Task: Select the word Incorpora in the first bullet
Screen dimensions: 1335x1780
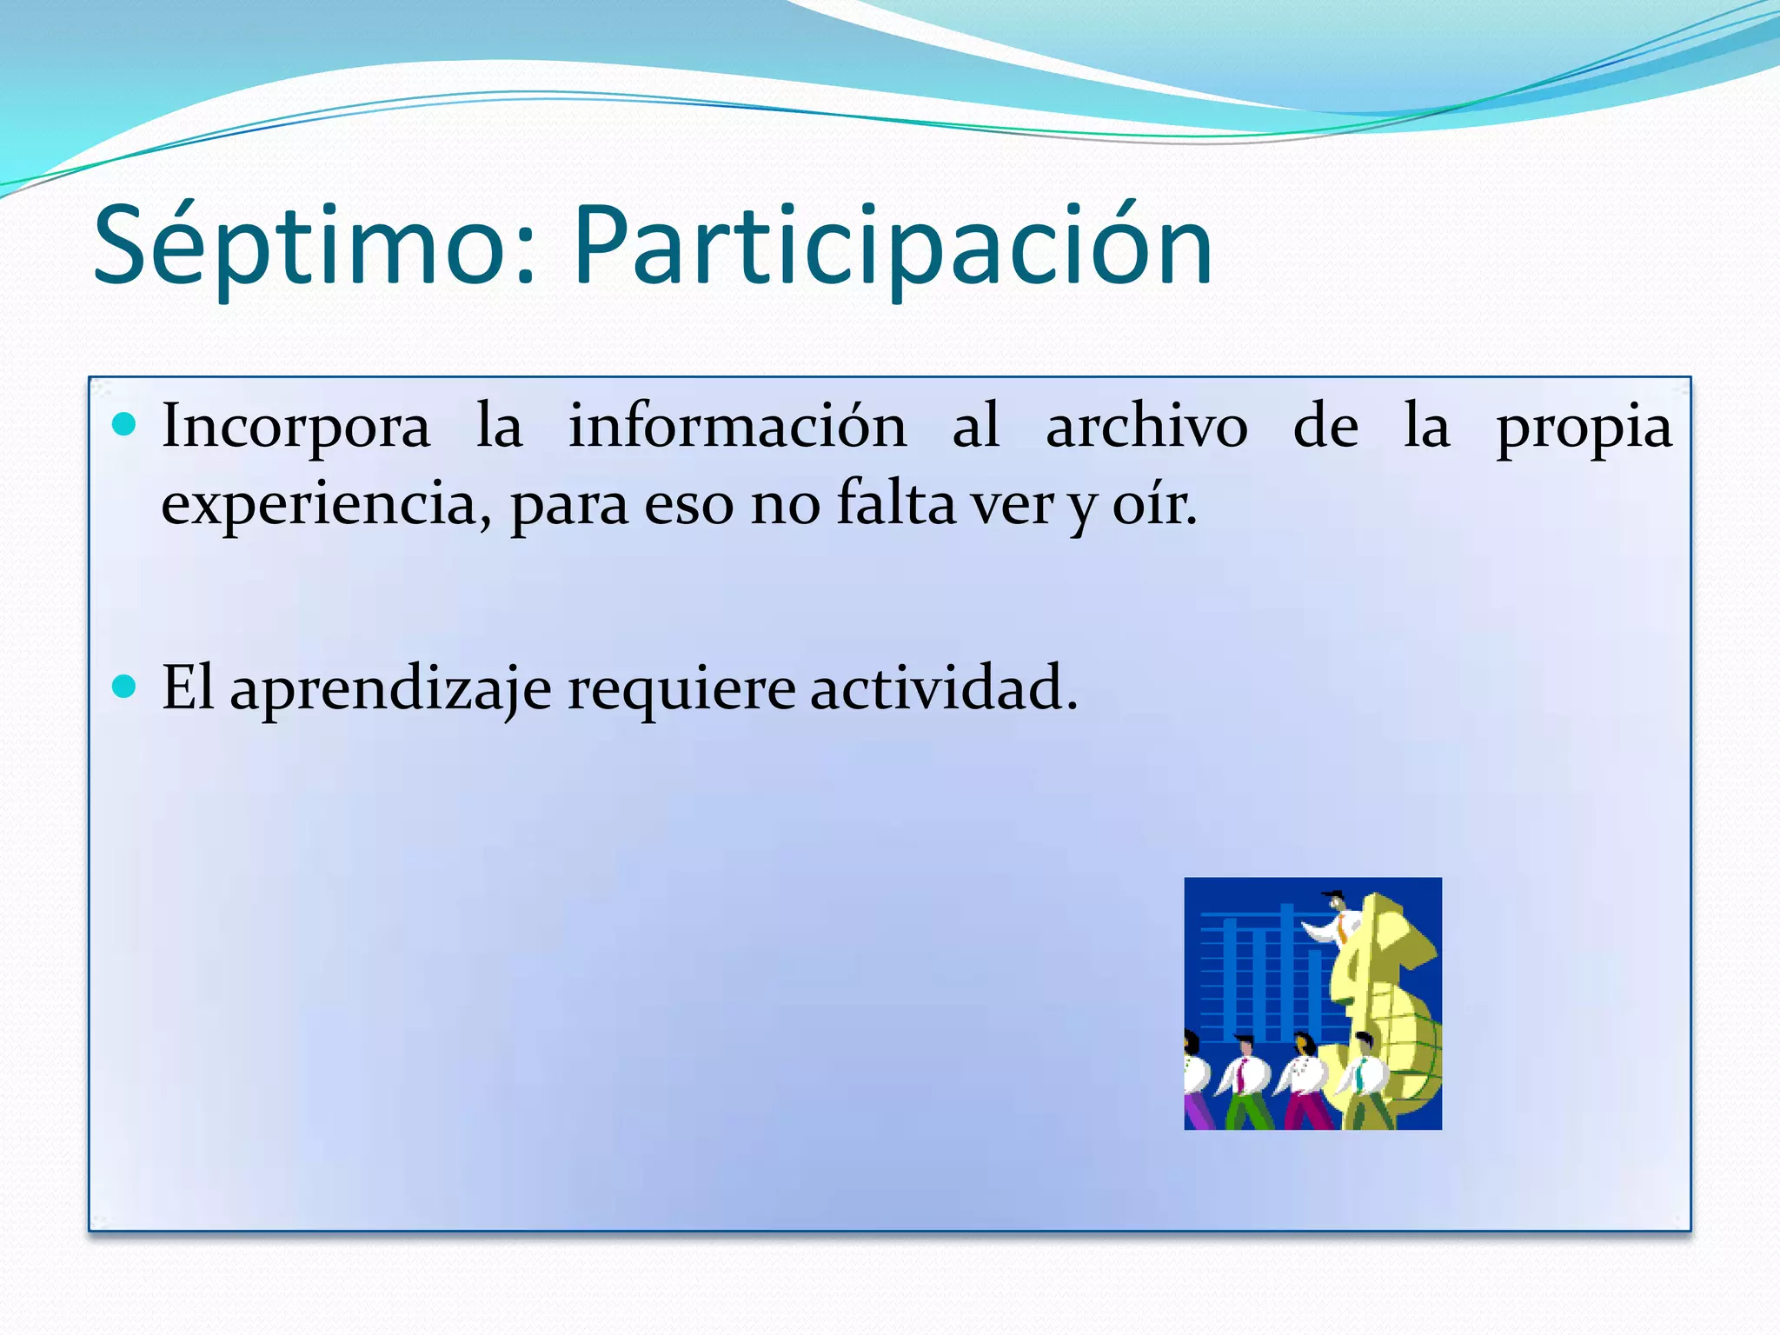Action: (296, 428)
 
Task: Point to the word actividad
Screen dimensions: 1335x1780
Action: (943, 687)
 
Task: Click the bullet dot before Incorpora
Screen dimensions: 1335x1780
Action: (125, 424)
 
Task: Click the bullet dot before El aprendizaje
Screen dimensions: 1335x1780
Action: (125, 687)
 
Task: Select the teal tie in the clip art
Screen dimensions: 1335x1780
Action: (1359, 1079)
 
